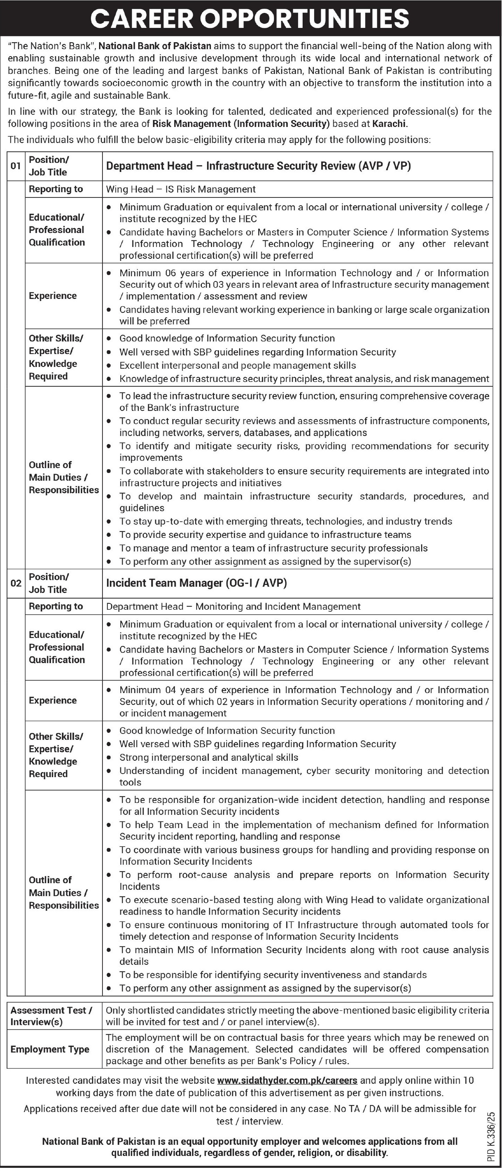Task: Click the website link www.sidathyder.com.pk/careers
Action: (x=287, y=1080)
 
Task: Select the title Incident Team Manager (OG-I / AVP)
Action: (x=196, y=583)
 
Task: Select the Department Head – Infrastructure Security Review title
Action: (x=258, y=166)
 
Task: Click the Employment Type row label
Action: (x=50, y=1049)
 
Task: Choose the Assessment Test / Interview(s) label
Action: (x=51, y=1016)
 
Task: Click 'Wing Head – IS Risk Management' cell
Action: (x=181, y=189)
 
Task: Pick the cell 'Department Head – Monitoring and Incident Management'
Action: (x=233, y=607)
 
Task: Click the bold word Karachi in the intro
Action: (x=390, y=124)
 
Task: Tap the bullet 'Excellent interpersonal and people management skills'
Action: (x=237, y=365)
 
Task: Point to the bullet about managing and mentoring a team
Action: (x=273, y=548)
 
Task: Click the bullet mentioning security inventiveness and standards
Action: (x=273, y=975)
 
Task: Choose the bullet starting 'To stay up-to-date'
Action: (x=286, y=521)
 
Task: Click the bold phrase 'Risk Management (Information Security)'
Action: (x=241, y=124)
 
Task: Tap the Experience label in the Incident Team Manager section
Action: (x=53, y=701)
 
